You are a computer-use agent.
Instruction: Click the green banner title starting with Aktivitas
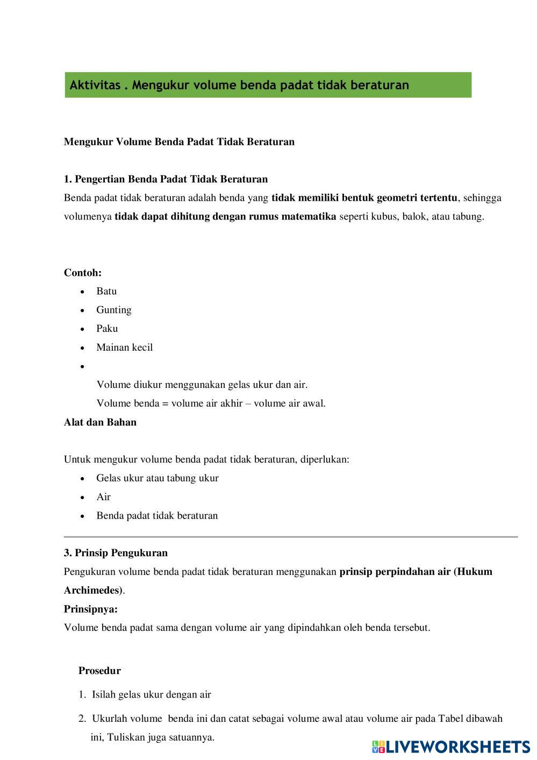(239, 85)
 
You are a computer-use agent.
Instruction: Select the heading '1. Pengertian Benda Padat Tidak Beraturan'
(166, 179)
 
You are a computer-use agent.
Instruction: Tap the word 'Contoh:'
(83, 273)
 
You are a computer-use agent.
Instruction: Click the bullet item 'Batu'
(106, 291)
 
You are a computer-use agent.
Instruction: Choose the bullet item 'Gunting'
(113, 310)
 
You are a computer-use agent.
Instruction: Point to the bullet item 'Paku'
(107, 329)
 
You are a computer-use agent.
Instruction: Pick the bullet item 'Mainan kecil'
(124, 347)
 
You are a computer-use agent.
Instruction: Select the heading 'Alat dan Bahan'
(100, 422)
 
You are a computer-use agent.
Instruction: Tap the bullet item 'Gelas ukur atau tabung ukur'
(157, 478)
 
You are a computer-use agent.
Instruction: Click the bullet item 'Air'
(103, 497)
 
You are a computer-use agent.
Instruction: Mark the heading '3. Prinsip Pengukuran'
(116, 553)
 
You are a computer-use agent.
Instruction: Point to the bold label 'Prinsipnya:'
(90, 609)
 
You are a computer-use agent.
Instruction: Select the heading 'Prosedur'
(99, 671)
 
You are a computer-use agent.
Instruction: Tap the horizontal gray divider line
(290, 537)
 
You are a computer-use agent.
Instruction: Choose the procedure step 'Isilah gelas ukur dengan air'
(151, 694)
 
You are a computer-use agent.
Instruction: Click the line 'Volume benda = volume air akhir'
(211, 403)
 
